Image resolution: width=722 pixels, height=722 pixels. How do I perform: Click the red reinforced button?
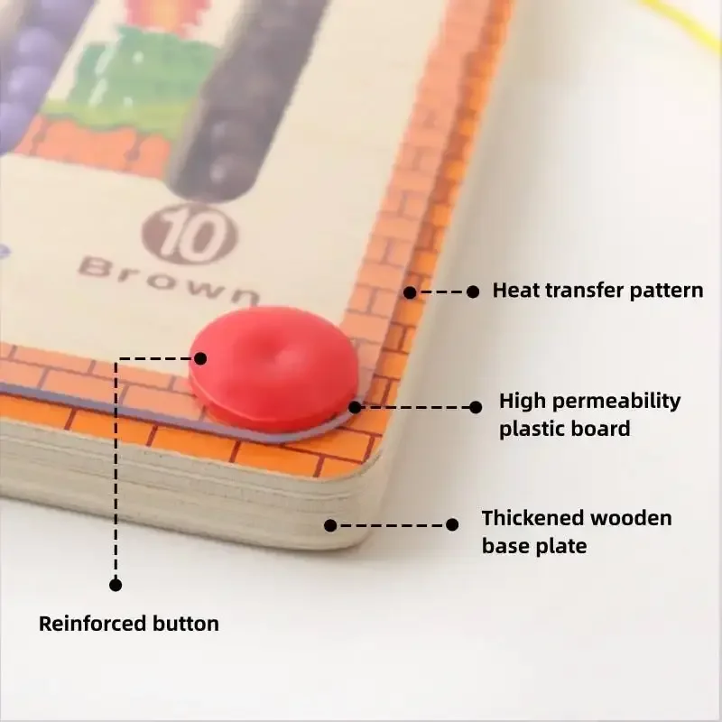tap(274, 366)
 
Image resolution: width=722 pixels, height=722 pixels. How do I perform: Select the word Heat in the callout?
tap(514, 291)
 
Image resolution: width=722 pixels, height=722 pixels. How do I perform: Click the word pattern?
tap(667, 291)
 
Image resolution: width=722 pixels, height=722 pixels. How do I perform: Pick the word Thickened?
tap(532, 518)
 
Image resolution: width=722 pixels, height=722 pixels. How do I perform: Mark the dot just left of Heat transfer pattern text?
tap(472, 292)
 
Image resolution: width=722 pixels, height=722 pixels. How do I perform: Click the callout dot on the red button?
tap(199, 358)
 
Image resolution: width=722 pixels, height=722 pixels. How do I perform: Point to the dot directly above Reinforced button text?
tap(116, 585)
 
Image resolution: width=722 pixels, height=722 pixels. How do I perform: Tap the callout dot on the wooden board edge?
tap(330, 524)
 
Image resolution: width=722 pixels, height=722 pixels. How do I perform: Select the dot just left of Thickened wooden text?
tap(452, 524)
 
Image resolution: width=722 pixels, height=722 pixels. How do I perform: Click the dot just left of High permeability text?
tap(476, 407)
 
